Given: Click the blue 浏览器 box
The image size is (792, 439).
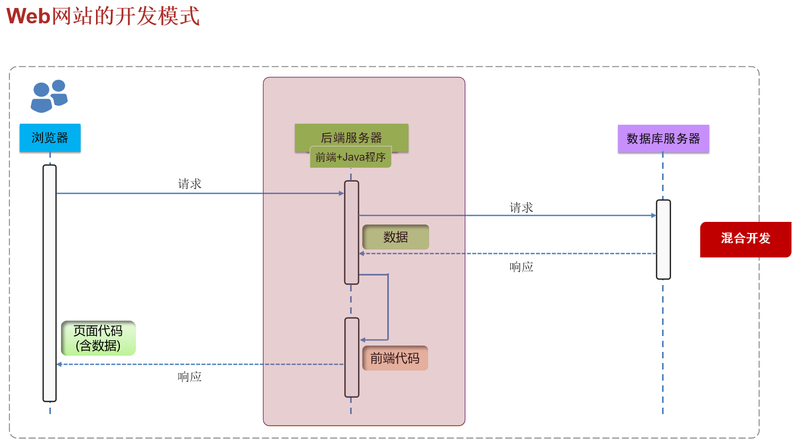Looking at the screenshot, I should click(50, 138).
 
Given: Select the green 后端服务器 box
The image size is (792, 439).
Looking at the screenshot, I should click(351, 136).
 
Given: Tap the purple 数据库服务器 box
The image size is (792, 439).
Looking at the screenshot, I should click(663, 139).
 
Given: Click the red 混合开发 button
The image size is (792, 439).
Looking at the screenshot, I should click(745, 239).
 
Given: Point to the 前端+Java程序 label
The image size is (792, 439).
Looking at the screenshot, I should click(351, 158).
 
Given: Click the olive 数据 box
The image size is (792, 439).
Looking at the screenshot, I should click(396, 237).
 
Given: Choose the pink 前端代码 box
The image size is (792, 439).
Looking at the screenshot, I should click(395, 358).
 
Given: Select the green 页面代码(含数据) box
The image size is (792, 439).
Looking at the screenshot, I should click(98, 338).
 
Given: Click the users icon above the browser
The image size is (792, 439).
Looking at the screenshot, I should click(49, 96).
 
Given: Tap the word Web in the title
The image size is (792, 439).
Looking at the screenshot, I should click(28, 16).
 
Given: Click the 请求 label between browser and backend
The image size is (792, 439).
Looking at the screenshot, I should click(189, 184).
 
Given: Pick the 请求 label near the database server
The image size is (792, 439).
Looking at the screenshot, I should click(521, 208).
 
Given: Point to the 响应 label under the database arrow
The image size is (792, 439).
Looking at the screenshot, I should click(521, 266).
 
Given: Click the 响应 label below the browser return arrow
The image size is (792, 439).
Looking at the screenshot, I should click(189, 377).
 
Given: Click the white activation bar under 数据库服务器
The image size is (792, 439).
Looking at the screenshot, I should click(663, 239).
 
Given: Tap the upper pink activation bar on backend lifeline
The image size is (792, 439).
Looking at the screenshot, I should click(351, 232).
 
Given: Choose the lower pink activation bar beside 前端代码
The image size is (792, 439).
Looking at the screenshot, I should click(352, 357).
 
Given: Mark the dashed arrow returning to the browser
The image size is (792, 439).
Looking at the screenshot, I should click(159, 364).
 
